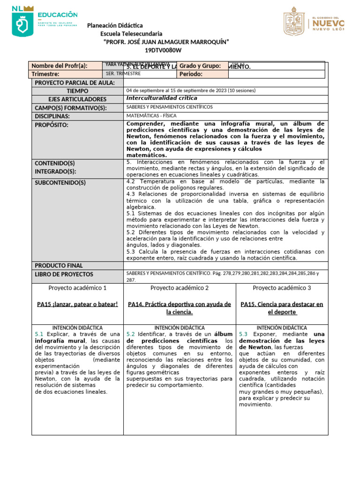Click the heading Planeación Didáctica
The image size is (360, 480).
pos(115,25)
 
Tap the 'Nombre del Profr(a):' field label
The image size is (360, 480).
pos(60,66)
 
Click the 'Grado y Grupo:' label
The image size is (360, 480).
pos(200,66)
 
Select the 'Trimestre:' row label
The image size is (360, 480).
pos(45,74)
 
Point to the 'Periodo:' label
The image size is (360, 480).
pos(191,74)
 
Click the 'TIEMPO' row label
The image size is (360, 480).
pos(77,91)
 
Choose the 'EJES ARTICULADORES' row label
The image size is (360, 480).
pos(77,99)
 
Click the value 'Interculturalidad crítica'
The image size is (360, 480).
pos(162,98)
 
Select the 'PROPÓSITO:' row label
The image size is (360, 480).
pos(52,125)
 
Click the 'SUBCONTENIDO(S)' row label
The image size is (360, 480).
pos(60,182)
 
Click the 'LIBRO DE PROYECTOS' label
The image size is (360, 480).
pos(64,274)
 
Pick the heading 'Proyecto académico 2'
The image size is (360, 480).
pos(180,288)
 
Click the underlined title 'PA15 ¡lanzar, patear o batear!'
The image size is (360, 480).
pos(77,304)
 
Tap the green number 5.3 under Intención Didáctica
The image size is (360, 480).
pos(243,334)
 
